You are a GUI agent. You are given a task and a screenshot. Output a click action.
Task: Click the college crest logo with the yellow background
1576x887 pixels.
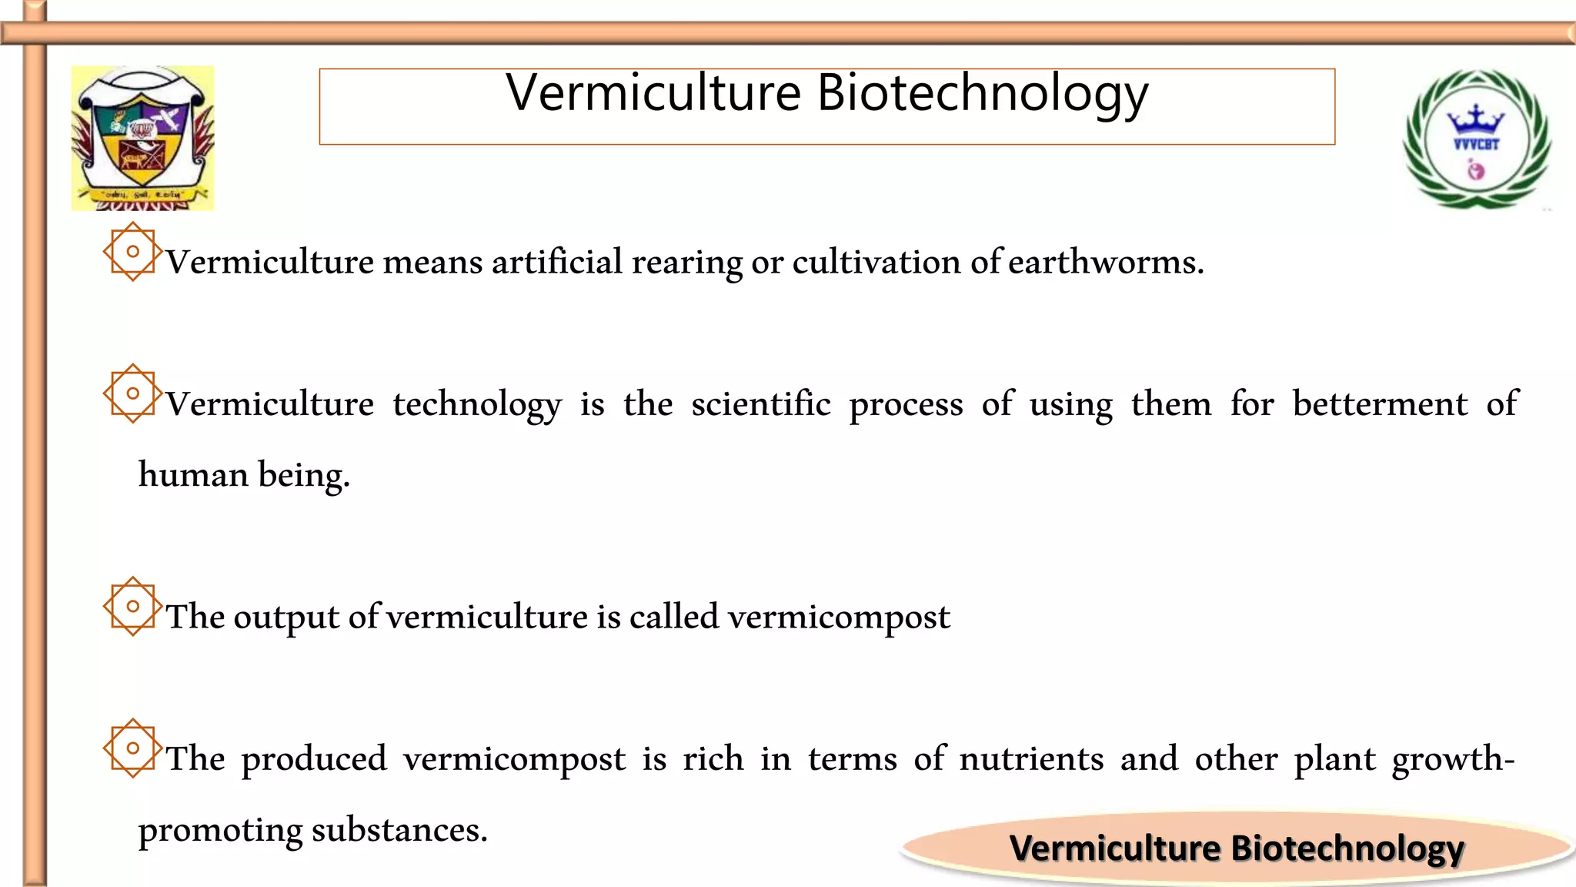[142, 138]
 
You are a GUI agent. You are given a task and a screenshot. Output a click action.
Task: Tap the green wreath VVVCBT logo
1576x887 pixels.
[1477, 139]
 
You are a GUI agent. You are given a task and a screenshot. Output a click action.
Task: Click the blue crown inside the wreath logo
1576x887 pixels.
[1475, 120]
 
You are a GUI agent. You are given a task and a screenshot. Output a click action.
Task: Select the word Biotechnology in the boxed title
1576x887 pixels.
[982, 94]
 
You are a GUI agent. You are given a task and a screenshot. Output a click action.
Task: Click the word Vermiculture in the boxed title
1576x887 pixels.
[654, 94]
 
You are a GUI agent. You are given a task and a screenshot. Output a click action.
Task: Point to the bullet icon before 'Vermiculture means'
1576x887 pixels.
[132, 252]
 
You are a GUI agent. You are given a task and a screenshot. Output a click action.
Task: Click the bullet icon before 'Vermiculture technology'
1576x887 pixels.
[132, 393]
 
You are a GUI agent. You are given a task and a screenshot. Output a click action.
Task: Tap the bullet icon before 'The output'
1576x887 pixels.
[132, 606]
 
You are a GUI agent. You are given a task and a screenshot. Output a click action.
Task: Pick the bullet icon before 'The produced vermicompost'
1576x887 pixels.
[132, 748]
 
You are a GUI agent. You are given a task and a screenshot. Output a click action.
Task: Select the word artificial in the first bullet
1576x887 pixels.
[556, 263]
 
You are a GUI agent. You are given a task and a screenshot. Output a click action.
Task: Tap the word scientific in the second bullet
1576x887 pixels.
[760, 404]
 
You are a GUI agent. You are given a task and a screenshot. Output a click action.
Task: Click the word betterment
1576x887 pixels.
[1380, 404]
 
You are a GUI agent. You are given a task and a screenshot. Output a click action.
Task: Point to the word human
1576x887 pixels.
[192, 475]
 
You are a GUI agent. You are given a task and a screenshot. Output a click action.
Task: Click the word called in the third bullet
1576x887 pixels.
[673, 617]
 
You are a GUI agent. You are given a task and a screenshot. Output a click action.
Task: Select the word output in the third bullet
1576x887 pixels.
[285, 617]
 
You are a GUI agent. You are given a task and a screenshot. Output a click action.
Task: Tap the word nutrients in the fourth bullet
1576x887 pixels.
[1031, 758]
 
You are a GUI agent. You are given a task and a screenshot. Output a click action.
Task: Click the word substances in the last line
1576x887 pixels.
[399, 830]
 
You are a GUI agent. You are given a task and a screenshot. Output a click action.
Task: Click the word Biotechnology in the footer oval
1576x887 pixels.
[1347, 849]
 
